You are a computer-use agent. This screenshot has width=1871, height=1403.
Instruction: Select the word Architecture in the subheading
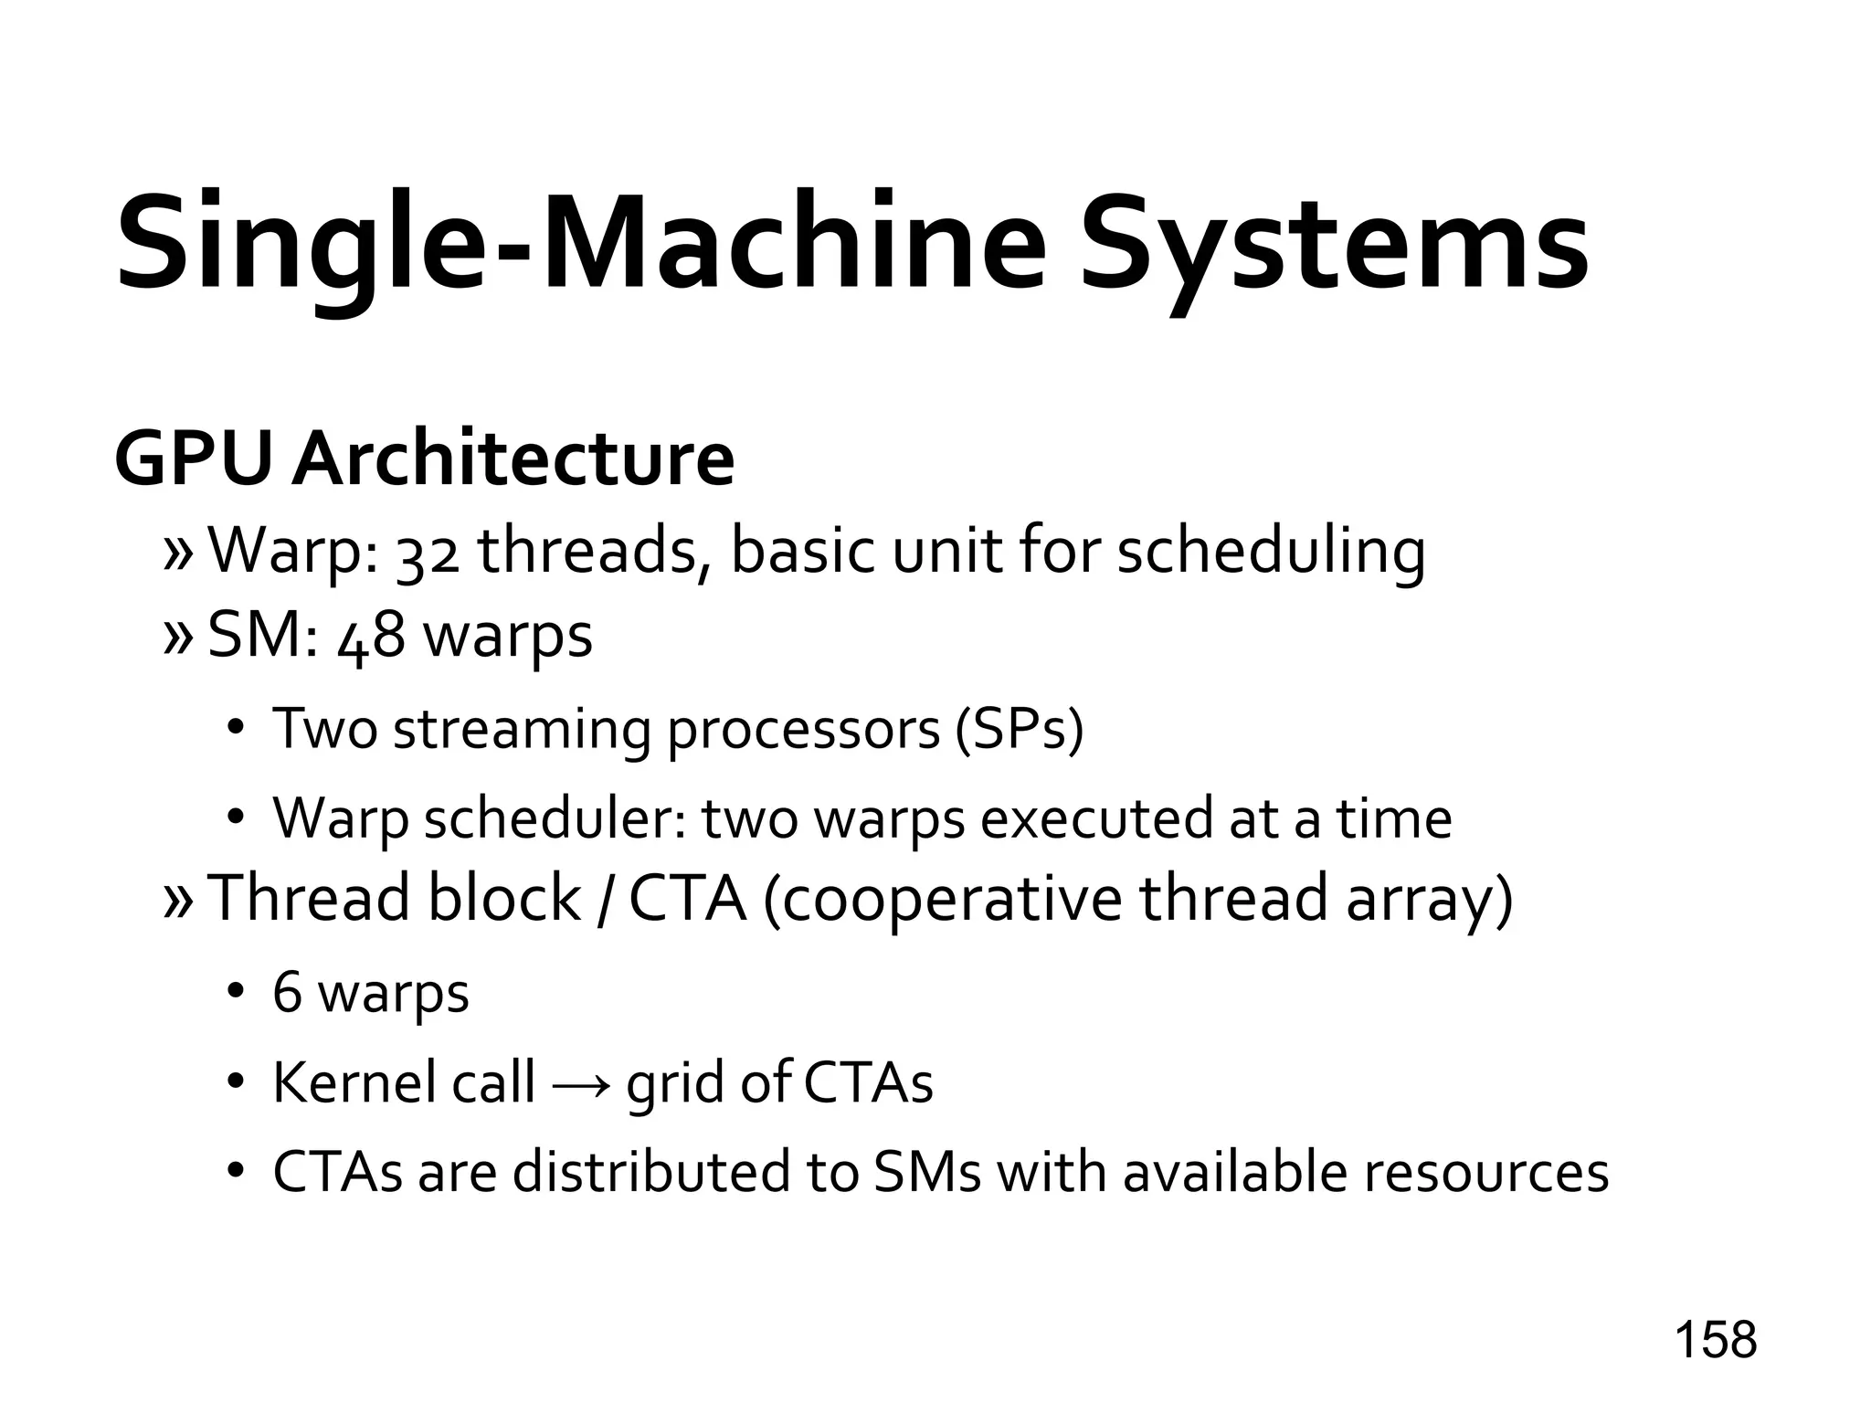coord(513,459)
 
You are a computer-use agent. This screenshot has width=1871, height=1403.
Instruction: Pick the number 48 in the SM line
coord(372,637)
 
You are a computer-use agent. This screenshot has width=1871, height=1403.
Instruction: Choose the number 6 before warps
coord(287,993)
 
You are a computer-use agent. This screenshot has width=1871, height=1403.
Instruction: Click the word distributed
coord(650,1172)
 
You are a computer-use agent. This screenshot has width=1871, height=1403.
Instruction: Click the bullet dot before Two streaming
coord(235,729)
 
